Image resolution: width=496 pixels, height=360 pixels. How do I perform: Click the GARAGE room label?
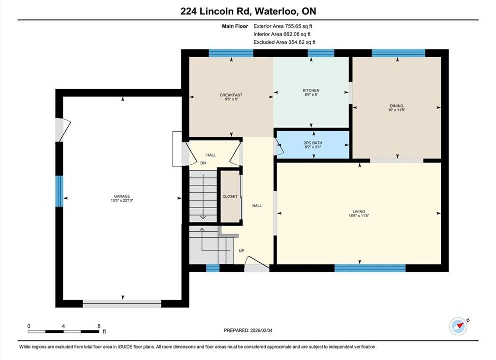coord(122,196)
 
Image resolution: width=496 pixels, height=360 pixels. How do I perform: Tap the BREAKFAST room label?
coord(231,95)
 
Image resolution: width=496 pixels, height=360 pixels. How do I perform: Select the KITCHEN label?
coord(311,90)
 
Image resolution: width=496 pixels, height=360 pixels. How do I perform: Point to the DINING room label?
coord(397,106)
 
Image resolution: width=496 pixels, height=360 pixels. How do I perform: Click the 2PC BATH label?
coord(313,143)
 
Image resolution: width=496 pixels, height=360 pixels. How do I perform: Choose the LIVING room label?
coord(359,211)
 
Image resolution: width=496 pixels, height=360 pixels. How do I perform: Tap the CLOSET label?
coord(230,196)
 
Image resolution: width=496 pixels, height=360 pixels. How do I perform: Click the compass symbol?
coord(458,326)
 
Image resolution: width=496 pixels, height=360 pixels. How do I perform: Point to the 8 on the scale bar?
coord(99,326)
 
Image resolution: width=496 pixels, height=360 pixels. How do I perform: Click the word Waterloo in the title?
coord(276,11)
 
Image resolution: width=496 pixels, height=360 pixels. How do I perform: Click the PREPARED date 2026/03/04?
coord(261,330)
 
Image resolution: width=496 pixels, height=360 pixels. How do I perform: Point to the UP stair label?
coord(241,251)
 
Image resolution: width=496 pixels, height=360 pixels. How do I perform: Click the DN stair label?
coord(203,163)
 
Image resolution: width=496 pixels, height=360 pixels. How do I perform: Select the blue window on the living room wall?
coord(370,268)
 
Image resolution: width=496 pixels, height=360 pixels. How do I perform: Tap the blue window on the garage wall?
coord(59,191)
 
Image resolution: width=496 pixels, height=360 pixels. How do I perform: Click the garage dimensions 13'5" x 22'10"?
coord(122,200)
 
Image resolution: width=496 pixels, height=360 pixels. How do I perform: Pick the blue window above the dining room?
coord(398,53)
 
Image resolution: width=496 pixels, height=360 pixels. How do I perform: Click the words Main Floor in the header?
coord(235,26)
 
